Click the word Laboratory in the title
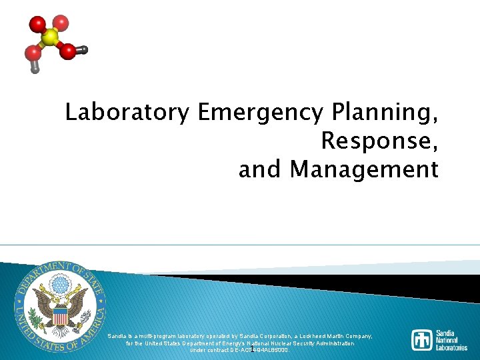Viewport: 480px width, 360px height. point(127,113)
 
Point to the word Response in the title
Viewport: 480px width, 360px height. point(379,141)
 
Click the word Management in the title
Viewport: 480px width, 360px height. point(364,170)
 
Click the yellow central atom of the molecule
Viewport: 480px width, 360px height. point(49,37)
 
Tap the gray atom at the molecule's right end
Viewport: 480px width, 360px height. point(82,50)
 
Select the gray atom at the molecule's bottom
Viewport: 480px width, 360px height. point(35,67)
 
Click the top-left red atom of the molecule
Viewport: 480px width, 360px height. point(36,23)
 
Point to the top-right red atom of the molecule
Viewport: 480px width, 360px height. point(60,21)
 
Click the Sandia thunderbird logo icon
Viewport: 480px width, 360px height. point(421,339)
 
